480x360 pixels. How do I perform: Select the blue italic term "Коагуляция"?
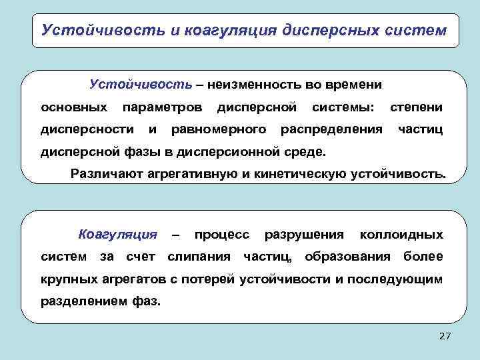[118, 235]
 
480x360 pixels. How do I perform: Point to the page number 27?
[445, 337]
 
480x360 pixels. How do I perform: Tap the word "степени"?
[416, 107]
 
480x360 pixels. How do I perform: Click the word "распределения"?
[332, 129]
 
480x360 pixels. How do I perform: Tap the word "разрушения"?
[304, 235]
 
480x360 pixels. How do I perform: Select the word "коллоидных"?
[401, 235]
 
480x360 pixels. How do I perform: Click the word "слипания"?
[199, 257]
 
